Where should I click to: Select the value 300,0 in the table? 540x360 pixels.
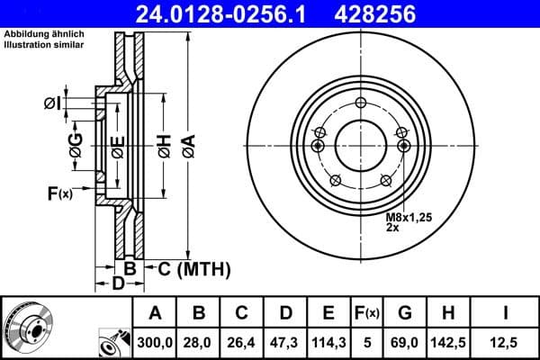156,341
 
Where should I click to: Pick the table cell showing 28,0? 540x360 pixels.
199,341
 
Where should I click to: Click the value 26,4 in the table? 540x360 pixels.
242,341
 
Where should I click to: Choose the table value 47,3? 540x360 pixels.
285,341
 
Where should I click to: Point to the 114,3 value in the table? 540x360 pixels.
328,341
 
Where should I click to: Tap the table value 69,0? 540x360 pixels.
405,341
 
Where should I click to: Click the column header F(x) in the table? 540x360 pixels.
368,313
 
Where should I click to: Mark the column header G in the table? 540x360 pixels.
405,313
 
